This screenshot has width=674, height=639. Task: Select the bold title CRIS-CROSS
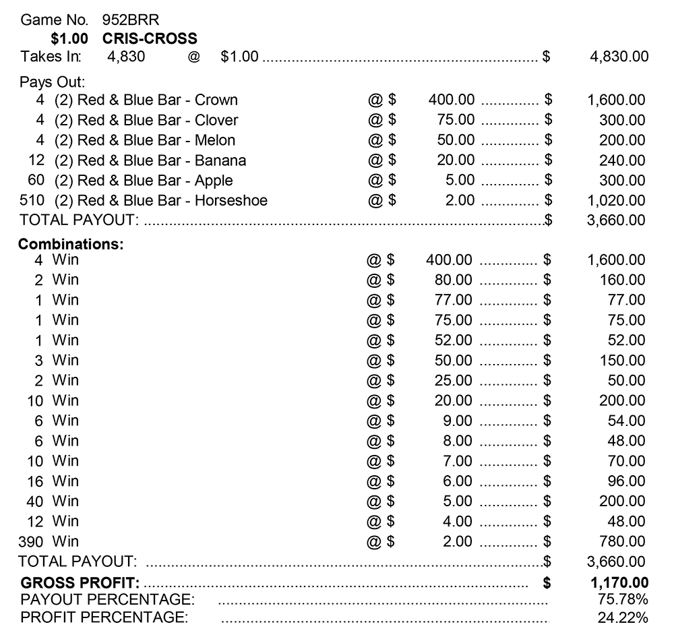pyautogui.click(x=150, y=38)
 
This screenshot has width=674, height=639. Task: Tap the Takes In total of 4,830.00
pyautogui.click(x=619, y=57)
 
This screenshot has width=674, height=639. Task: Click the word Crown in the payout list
pyautogui.click(x=216, y=100)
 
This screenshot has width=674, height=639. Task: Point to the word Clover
pyautogui.click(x=216, y=121)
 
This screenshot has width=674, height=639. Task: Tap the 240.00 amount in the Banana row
pyautogui.click(x=622, y=160)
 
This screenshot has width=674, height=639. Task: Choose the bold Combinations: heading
pyautogui.click(x=71, y=245)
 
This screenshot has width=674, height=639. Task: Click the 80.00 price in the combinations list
pyautogui.click(x=454, y=280)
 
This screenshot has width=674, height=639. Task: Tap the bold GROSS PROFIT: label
pyautogui.click(x=80, y=582)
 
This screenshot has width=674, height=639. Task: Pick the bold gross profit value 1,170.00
pyautogui.click(x=619, y=582)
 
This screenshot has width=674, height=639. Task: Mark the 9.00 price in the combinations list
pyautogui.click(x=457, y=421)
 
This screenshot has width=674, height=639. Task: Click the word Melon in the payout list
pyautogui.click(x=215, y=140)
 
